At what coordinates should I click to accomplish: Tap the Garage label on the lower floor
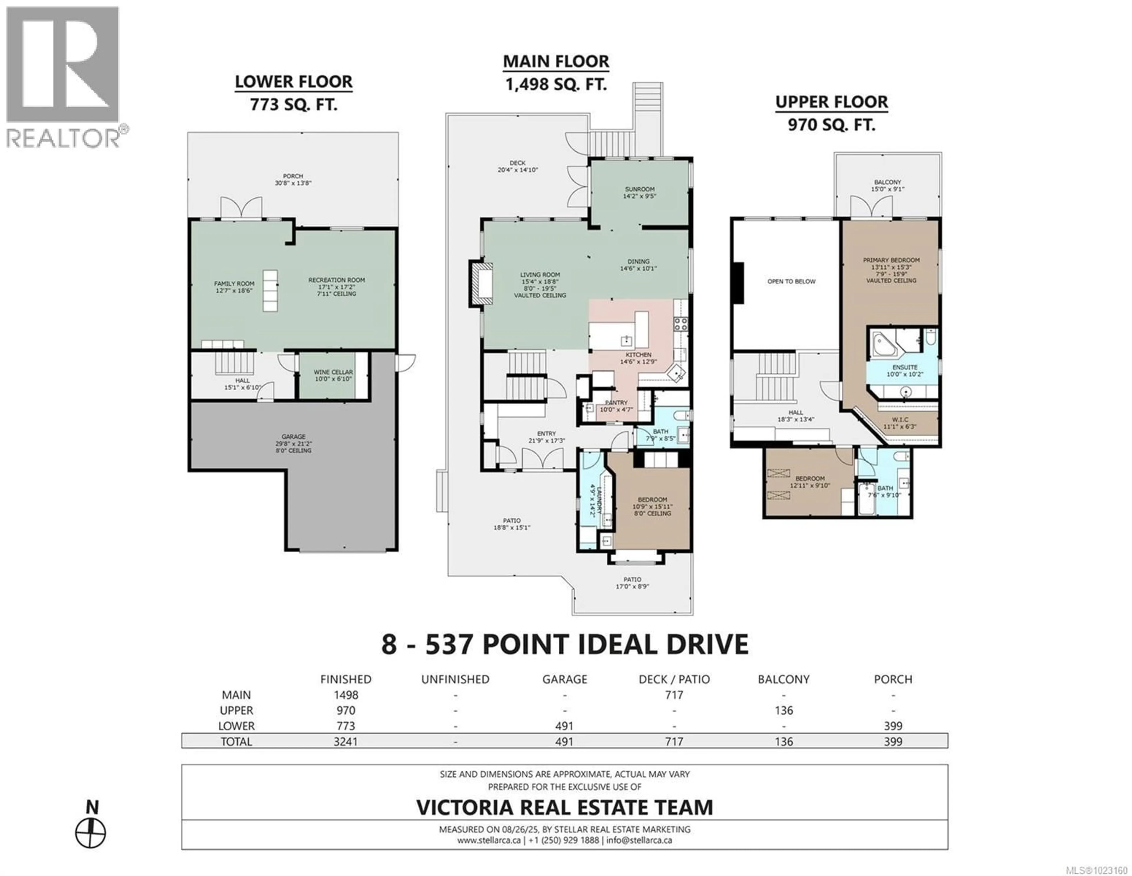pos(293,437)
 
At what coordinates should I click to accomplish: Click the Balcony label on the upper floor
pos(887,182)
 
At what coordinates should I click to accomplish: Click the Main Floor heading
pos(556,61)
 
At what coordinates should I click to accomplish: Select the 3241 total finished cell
pos(346,742)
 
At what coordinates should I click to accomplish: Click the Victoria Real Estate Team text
pos(565,808)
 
